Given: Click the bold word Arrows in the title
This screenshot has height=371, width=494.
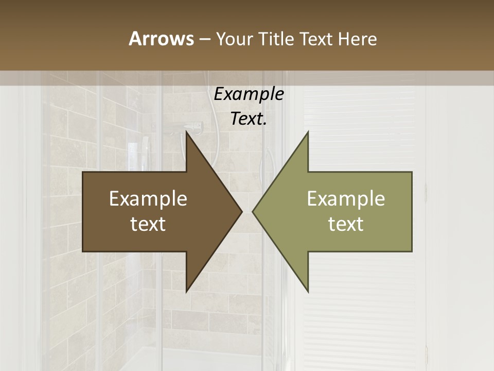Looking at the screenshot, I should point(161,39).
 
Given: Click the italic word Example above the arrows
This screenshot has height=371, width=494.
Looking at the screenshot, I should point(249,94).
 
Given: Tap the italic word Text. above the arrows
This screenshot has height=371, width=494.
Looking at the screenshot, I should point(249,119).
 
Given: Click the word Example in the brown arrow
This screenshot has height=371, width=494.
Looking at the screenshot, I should point(148,198).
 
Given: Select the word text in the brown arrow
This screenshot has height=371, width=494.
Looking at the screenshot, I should point(148,224).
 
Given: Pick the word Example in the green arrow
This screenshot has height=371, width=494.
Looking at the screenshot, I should point(346,198).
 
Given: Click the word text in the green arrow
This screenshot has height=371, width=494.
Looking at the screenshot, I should point(346,224).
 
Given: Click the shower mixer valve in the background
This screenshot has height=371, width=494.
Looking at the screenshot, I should point(192,125).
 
